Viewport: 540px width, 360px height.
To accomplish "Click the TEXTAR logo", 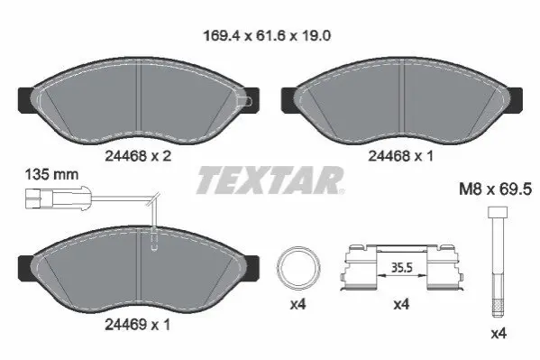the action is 270,180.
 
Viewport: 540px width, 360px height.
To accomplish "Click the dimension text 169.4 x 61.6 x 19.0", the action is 267,36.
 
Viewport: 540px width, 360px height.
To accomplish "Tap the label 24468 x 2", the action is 138,156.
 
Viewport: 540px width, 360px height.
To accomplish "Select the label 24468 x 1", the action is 400,156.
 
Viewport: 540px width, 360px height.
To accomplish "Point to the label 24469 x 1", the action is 137,325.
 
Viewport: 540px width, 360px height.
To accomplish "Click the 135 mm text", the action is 51,174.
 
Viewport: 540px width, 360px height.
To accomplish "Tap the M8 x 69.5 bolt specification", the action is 496,189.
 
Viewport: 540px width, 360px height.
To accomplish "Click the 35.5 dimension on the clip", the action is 401,267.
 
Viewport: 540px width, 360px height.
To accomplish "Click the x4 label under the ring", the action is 297,304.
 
